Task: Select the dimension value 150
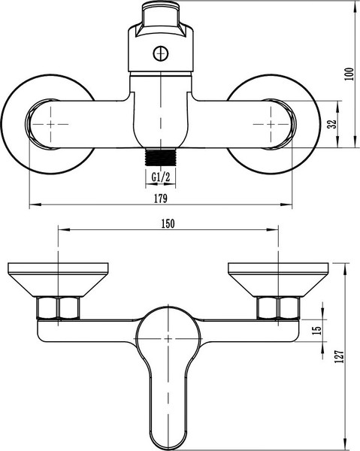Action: click(168, 223)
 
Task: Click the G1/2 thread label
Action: click(161, 177)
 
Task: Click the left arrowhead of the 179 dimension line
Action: click(32, 205)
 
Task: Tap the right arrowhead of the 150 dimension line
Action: click(276, 230)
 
